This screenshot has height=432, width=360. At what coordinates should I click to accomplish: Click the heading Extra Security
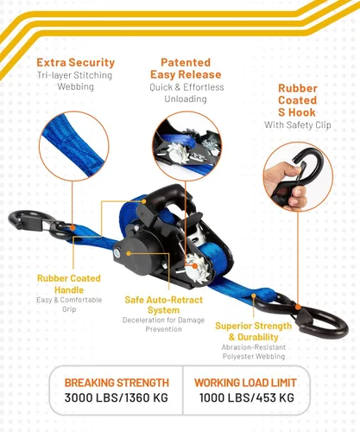coord(76,62)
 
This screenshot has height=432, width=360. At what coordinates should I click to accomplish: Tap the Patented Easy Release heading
coord(186,68)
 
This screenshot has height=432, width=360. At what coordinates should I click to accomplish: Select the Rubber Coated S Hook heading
coord(298,100)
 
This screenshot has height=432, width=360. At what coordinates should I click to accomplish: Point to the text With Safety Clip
coord(298,125)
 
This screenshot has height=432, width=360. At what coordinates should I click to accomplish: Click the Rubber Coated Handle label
coord(69,284)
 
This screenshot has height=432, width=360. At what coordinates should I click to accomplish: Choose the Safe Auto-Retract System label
coord(164,305)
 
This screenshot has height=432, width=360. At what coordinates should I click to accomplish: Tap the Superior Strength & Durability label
coord(254,332)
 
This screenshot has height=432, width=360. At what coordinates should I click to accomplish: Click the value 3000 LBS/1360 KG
coord(117,397)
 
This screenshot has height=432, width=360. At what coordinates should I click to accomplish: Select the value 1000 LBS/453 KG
coord(247,397)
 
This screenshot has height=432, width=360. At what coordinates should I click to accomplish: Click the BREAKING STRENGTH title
coord(117,383)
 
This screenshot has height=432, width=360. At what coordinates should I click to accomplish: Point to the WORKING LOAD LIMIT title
coord(245,383)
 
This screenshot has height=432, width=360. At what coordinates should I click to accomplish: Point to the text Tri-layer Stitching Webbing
coord(75,81)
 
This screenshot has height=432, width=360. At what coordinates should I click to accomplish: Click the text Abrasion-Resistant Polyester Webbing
coord(254,352)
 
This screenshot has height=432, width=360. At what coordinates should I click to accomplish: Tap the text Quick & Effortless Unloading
coord(186,93)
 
